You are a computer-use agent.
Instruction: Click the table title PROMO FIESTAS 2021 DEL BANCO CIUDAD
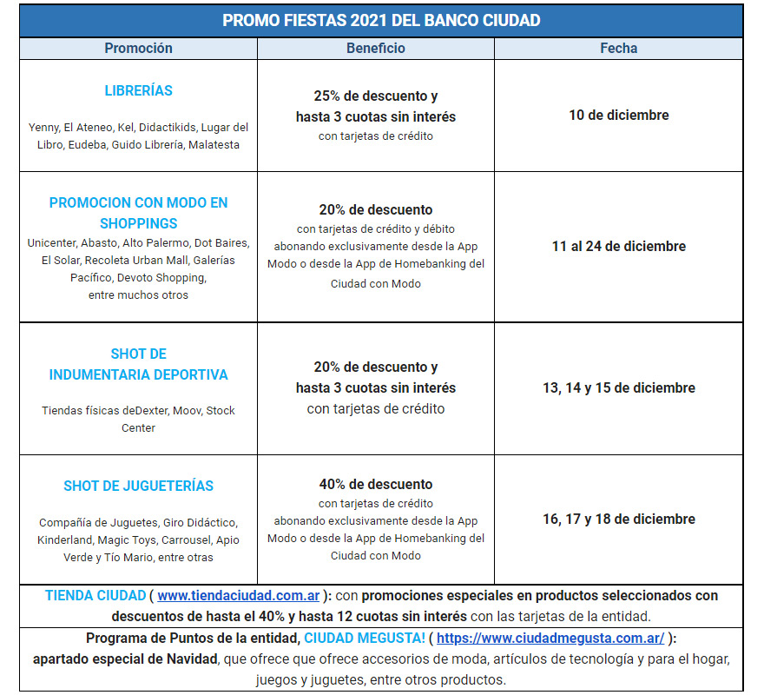point(381,20)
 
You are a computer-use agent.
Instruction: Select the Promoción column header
point(138,49)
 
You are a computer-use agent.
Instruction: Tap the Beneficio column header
point(375,49)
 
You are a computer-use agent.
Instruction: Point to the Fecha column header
point(618,49)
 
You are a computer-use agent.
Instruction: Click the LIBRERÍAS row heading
point(138,90)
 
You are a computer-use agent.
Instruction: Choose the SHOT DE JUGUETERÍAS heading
point(138,486)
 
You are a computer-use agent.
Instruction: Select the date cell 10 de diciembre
point(618,115)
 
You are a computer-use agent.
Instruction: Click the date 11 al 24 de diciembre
point(618,246)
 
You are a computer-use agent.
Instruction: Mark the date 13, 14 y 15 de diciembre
point(618,387)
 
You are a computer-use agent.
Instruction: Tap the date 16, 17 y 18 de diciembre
point(618,519)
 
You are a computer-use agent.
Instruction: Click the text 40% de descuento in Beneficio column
point(375,484)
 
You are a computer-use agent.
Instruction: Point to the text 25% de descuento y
point(375,96)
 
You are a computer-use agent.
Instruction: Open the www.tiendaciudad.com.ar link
point(239,596)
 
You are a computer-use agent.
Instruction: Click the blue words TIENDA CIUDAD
point(95,596)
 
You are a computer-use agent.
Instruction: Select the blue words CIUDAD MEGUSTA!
point(365,638)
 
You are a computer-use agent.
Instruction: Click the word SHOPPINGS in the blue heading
point(138,223)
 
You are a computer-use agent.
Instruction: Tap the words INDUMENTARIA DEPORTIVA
point(138,374)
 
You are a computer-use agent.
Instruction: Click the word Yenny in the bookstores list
point(43,127)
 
